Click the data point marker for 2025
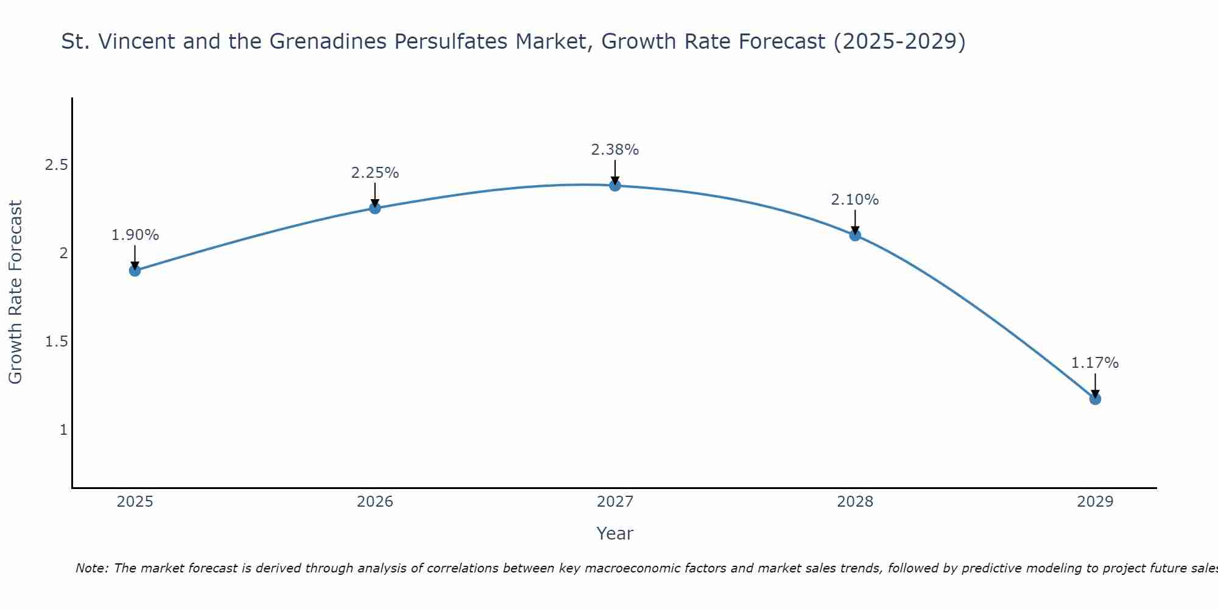(x=135, y=270)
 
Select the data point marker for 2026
(x=375, y=208)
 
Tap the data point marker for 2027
(x=615, y=185)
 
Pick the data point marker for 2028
(x=855, y=235)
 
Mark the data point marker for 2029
(x=1095, y=399)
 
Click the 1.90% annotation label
(x=135, y=235)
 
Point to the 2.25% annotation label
(x=375, y=173)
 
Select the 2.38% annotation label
(x=615, y=150)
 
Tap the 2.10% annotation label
(x=855, y=200)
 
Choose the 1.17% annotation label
(x=1095, y=363)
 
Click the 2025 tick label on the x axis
(x=135, y=502)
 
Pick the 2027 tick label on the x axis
(x=615, y=502)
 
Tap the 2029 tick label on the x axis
(x=1095, y=502)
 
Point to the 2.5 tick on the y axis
(x=57, y=165)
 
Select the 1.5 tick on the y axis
(x=57, y=342)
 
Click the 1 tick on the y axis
(x=63, y=430)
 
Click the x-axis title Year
(x=615, y=533)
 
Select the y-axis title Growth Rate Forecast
(x=16, y=292)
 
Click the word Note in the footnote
(x=91, y=568)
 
